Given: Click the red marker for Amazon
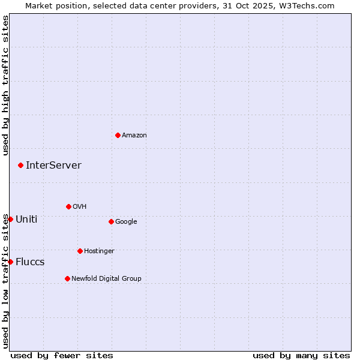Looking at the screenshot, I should (118, 135).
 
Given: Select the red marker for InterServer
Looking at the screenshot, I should (20, 165).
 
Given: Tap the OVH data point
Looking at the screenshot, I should (68, 206).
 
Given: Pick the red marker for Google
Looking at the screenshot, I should (111, 221).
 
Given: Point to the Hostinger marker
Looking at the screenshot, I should (80, 251).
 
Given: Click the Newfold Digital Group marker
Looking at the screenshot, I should (67, 278).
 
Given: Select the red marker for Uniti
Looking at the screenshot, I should (10, 219).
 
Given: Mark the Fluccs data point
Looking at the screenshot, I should (10, 262).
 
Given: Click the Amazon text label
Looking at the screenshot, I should (134, 136).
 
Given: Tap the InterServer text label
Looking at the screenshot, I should (53, 166).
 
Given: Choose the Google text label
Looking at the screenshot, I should (126, 222).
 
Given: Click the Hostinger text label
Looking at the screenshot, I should (99, 251).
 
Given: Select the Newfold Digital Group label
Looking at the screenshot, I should (106, 279).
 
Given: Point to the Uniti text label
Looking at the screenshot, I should (26, 220).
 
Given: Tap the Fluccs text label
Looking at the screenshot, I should (30, 262).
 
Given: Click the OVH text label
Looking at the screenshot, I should (80, 207).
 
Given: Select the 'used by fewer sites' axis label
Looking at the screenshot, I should (62, 355).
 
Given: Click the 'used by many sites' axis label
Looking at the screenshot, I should (301, 355).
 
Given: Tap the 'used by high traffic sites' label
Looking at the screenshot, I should (5, 85).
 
